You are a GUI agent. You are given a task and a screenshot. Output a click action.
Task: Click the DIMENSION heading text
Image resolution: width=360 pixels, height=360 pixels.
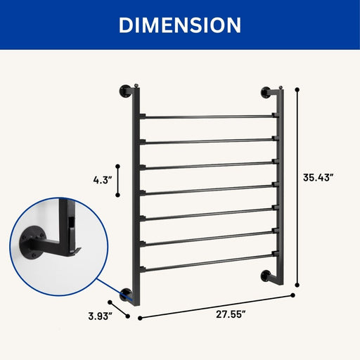(x=180, y=25)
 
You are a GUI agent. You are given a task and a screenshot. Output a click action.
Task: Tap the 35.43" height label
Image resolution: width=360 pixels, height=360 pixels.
(x=318, y=177)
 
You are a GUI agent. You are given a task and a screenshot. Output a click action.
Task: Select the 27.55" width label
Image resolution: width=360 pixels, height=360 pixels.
(x=231, y=314)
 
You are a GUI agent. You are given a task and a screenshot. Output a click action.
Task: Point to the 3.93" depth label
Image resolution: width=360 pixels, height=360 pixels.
(x=100, y=316)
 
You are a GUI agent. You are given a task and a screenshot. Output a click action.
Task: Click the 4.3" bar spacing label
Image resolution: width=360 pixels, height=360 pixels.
(x=103, y=180)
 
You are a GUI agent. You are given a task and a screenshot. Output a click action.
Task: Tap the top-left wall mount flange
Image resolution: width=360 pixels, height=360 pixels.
(x=124, y=91)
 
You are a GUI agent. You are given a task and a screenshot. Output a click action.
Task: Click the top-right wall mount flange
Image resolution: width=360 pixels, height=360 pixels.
(x=266, y=92)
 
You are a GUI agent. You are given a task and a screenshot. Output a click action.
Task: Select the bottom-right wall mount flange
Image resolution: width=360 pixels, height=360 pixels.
(x=266, y=276)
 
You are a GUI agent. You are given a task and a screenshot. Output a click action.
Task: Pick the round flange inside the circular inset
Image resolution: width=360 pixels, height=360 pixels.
(x=31, y=241)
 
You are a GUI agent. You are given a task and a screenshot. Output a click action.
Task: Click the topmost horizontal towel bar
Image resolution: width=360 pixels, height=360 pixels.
(x=209, y=117)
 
